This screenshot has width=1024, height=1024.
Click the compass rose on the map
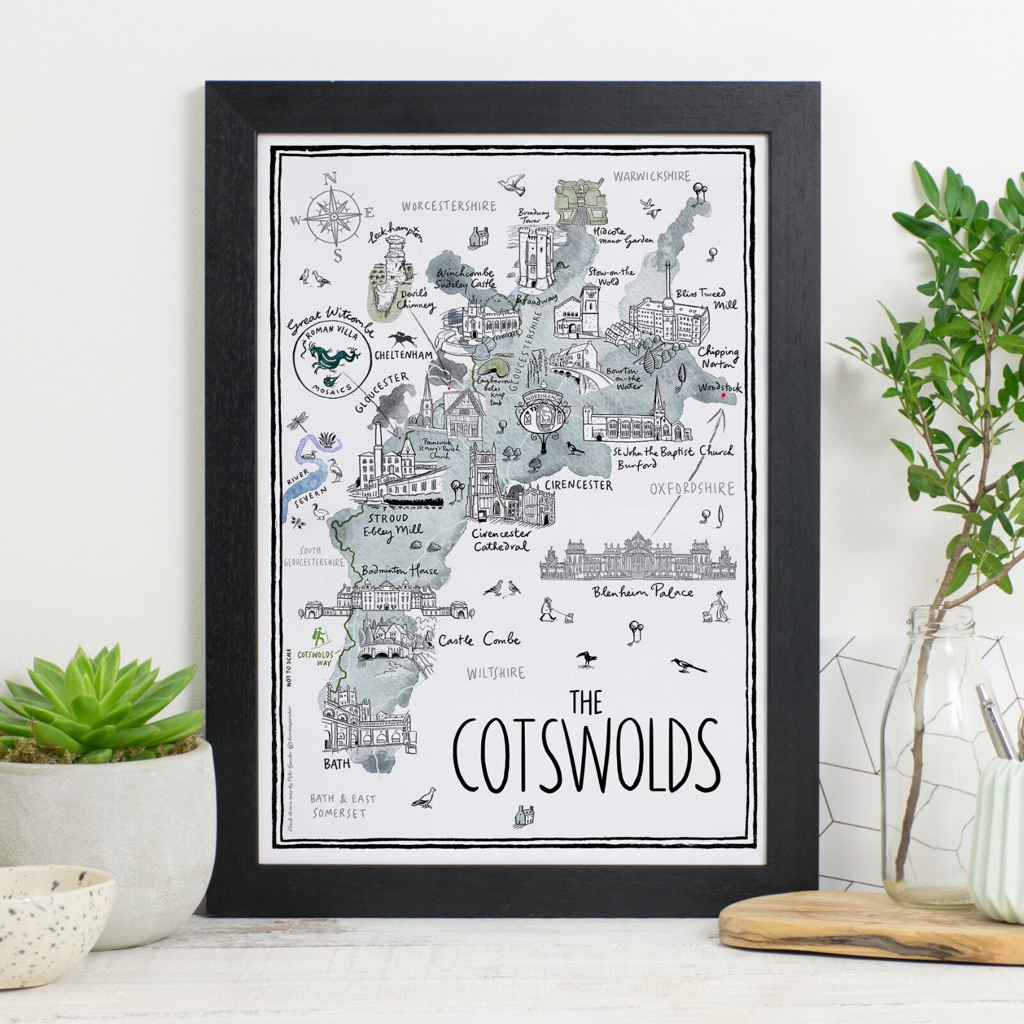[333, 217]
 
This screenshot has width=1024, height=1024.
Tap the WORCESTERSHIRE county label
[449, 206]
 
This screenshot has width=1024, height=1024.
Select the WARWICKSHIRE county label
[652, 176]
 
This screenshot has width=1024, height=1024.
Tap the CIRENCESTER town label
[578, 486]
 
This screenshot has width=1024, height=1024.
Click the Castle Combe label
[479, 639]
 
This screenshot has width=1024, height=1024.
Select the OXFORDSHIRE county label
[692, 490]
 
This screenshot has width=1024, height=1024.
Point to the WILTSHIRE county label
[495, 673]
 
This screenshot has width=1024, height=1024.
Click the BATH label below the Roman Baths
[337, 764]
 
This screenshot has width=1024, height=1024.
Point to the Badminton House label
[399, 570]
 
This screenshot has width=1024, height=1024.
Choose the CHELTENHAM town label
[403, 355]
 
